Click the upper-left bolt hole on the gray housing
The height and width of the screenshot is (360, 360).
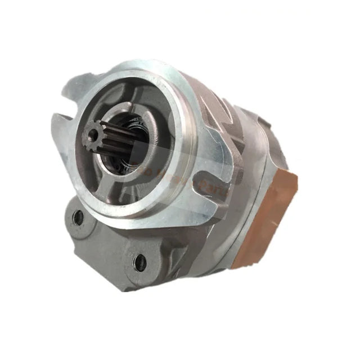click(x=78, y=217)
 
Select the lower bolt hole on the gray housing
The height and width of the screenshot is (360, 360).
click(x=139, y=262)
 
